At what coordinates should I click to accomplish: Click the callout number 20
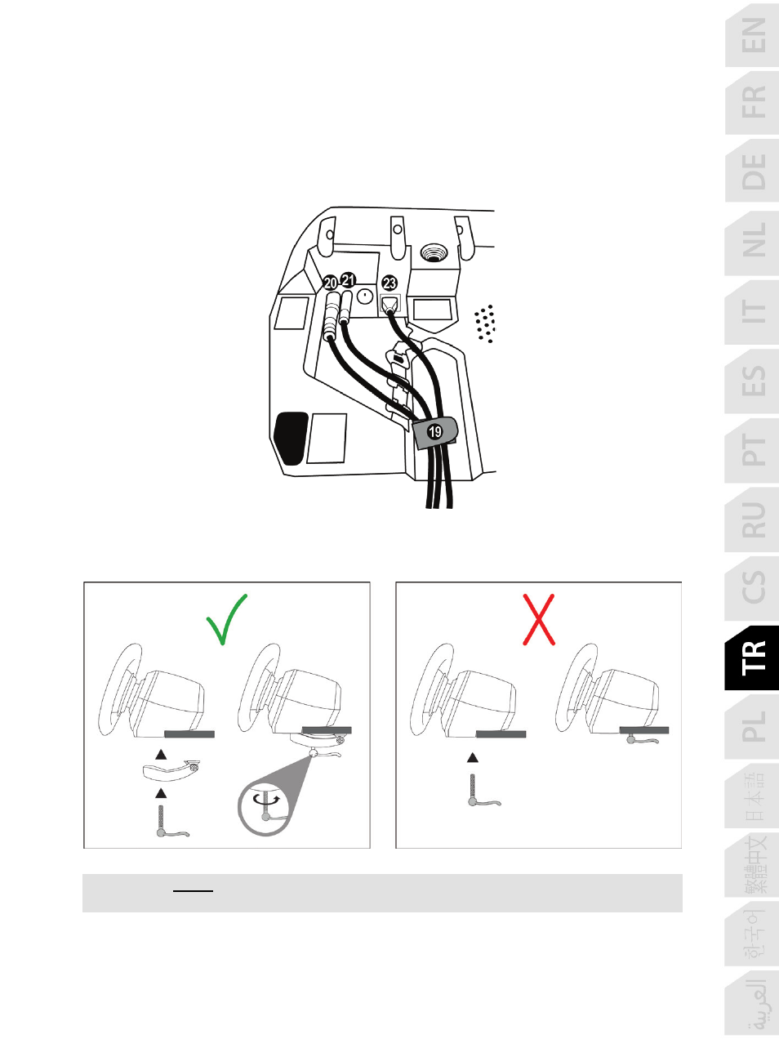pos(330,283)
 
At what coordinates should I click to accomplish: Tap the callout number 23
pos(389,283)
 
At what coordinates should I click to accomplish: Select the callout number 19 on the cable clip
pos(434,432)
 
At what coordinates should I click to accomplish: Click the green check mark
pos(226,619)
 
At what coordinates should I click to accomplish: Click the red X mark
pos(539,620)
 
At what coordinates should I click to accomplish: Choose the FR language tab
pos(752,103)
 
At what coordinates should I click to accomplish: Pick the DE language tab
pos(752,172)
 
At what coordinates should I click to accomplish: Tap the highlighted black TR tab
pos(752,658)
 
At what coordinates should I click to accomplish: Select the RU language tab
pos(752,519)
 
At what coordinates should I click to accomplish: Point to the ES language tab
pos(752,381)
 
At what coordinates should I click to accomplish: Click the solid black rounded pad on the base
pos(291,438)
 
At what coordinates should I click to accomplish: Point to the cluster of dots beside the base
pos(485,323)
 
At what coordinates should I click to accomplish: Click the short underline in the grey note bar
pos(193,891)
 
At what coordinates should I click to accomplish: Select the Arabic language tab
pos(752,1004)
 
